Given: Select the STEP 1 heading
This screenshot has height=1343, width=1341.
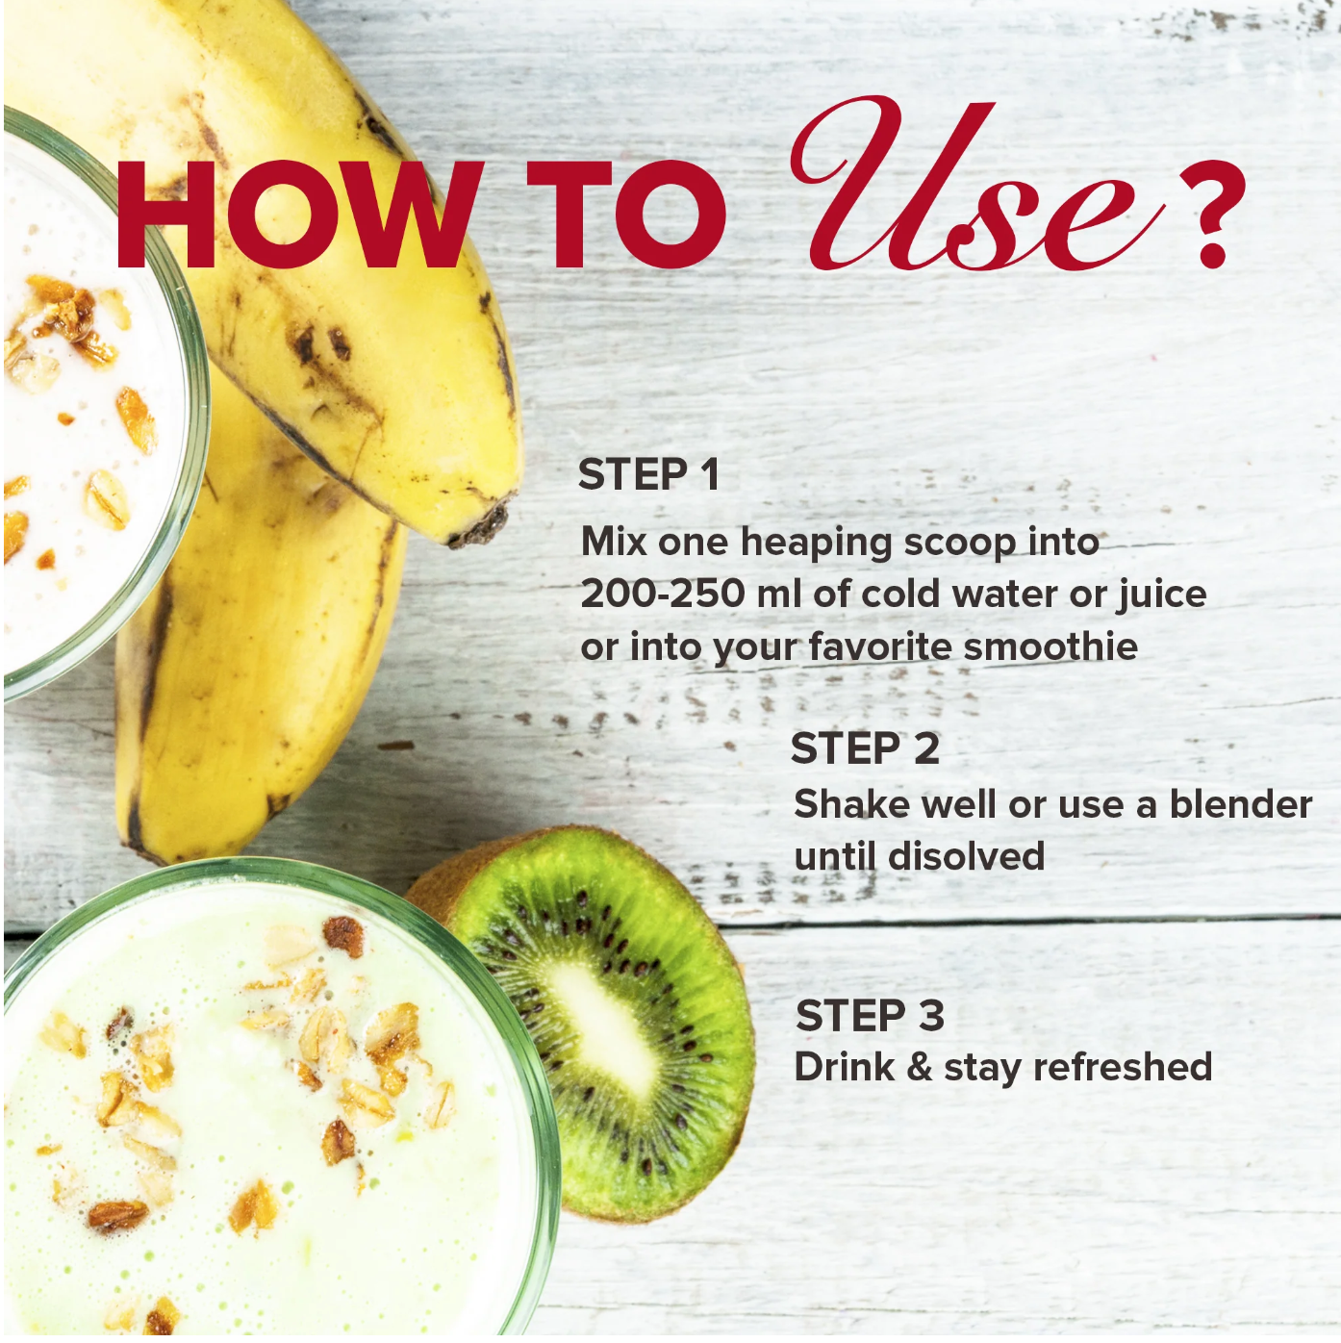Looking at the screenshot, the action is [x=648, y=475].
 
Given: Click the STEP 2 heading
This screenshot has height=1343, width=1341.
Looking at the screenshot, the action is [x=865, y=748].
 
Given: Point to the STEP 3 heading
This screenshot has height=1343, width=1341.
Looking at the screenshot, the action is [x=870, y=1016].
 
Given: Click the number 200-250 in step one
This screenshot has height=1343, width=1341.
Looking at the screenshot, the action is [x=662, y=594].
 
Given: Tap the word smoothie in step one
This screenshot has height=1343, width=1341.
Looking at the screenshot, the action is [x=1050, y=646].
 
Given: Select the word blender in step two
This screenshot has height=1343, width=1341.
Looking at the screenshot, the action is [x=1241, y=804].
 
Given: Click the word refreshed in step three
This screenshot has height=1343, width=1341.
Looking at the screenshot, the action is [x=1122, y=1067].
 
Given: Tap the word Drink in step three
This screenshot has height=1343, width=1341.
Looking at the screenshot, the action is [x=844, y=1067].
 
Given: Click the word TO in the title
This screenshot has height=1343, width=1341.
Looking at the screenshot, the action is [x=626, y=215].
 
